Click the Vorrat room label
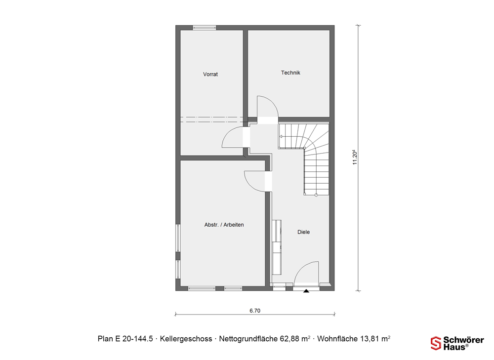pos(210,75)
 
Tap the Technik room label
pos(290,73)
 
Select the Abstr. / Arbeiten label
pos(224,225)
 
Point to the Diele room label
pos(304,232)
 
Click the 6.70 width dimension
pos(255,311)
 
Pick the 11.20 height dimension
pos(355,158)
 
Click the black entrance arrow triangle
pos(306,291)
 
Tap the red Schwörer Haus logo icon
pos(436,343)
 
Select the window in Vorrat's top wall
pos(205,28)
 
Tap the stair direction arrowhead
pos(281,137)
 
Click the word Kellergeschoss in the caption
pos(186,339)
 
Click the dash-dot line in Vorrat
pos(211,119)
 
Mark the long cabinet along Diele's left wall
pos(277,247)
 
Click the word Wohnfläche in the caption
pos(337,339)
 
